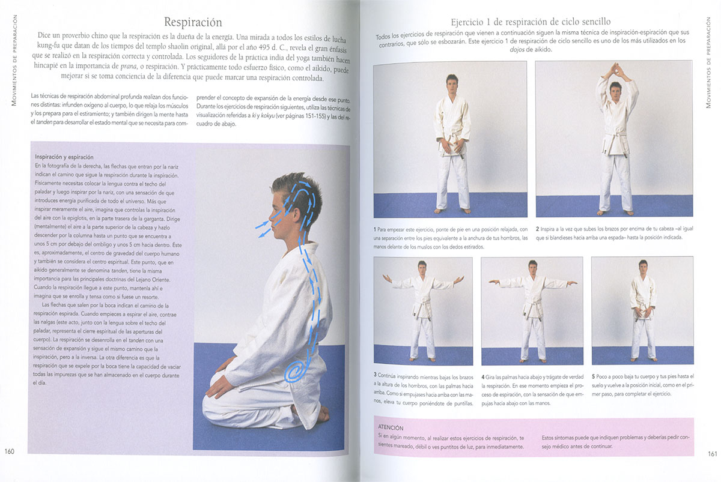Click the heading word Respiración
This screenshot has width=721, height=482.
(x=193, y=22)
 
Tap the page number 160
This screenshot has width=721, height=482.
(x=10, y=451)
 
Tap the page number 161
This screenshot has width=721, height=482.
(x=713, y=454)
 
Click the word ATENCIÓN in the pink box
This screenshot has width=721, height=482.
(x=391, y=427)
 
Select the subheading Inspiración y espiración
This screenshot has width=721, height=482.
(x=64, y=157)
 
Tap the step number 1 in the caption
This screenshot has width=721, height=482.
(x=375, y=229)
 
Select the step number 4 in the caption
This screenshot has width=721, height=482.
(x=483, y=377)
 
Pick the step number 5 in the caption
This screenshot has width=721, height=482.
(x=593, y=376)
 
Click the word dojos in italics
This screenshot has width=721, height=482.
(x=517, y=50)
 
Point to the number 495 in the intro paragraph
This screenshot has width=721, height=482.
(x=264, y=47)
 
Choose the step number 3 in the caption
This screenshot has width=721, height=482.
(x=375, y=375)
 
